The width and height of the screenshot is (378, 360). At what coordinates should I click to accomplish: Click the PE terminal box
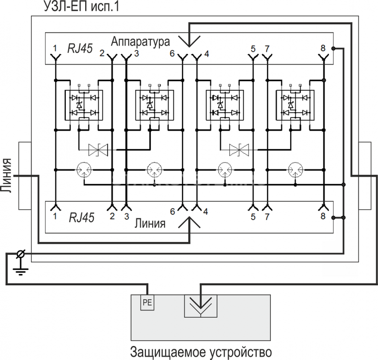147,302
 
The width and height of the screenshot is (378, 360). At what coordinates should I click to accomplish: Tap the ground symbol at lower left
21,272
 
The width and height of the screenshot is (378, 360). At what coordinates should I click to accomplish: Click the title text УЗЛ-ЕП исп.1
82,6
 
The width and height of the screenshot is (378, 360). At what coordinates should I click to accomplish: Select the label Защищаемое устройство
201,352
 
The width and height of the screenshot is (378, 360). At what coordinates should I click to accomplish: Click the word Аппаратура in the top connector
140,42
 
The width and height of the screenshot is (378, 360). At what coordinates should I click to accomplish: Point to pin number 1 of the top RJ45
55,48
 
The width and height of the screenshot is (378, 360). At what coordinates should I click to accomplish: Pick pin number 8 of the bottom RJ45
323,216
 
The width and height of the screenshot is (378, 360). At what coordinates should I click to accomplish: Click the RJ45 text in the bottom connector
82,217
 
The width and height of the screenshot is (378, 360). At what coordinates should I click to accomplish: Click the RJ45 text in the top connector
80,48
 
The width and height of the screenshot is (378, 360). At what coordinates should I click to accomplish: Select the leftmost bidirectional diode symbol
98,150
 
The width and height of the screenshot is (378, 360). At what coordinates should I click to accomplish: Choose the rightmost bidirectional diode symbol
239,150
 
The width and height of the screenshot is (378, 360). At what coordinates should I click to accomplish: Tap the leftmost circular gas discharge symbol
84,170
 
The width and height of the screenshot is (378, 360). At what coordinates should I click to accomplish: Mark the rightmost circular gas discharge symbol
296,170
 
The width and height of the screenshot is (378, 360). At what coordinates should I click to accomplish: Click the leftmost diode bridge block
84,105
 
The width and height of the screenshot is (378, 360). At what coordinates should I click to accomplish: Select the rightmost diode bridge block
295,105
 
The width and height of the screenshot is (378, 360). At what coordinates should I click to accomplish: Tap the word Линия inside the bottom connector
150,223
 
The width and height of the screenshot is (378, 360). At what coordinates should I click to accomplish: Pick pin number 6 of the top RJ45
172,54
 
